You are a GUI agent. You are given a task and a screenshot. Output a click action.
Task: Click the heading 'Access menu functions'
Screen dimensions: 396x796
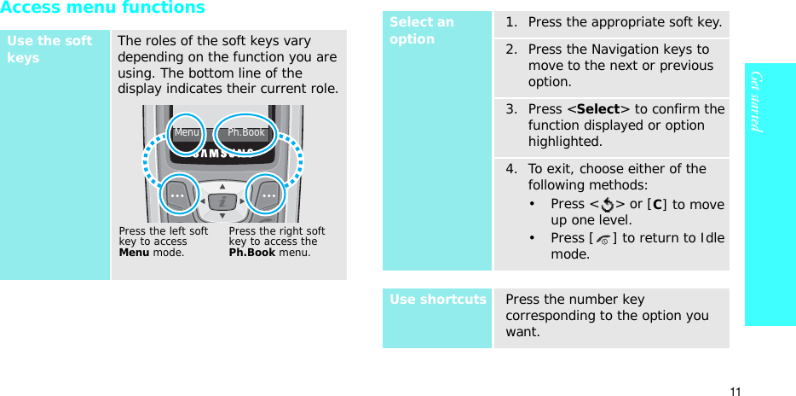click(103, 9)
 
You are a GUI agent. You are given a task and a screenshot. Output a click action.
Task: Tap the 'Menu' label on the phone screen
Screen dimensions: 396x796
click(187, 132)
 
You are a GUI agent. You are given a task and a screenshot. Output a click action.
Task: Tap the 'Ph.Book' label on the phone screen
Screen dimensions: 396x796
click(246, 132)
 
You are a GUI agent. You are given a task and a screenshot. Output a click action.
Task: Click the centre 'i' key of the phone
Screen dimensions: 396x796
click(222, 201)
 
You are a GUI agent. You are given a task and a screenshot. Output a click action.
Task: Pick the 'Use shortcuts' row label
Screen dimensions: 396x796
click(438, 300)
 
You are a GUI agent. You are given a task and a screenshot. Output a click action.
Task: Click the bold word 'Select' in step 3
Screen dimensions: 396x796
click(598, 109)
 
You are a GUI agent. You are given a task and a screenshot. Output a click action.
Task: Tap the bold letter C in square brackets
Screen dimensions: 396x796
click(656, 204)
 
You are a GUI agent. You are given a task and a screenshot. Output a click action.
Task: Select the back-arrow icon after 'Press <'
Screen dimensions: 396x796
click(606, 205)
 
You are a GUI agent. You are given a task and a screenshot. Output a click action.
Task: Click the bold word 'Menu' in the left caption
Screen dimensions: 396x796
click(133, 252)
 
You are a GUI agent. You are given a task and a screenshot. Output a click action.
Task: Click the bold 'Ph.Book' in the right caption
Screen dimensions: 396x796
click(250, 252)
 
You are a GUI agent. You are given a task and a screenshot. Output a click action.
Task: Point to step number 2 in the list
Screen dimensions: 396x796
click(510, 49)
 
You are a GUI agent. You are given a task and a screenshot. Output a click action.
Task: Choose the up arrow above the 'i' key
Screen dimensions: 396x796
click(222, 185)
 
